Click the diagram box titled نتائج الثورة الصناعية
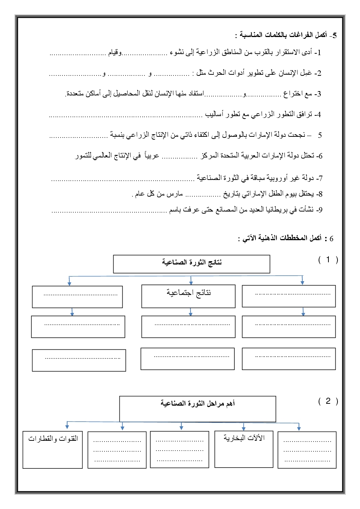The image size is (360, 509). point(192,264)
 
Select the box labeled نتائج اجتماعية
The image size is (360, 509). point(188,296)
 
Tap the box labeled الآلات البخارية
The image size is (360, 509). point(244,449)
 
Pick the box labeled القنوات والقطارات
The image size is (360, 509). point(53,450)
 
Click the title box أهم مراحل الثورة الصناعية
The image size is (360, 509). point(197,409)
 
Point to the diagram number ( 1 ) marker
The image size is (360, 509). point(328,260)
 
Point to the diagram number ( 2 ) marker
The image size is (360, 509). point(328,401)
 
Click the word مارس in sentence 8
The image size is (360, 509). point(175,194)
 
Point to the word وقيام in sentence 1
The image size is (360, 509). point(115,53)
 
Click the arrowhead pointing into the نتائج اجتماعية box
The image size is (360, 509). point(191,282)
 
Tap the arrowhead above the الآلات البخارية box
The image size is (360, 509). point(244,428)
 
